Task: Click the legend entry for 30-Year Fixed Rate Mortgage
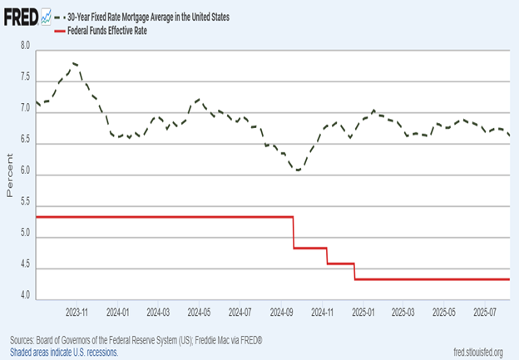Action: [x=154, y=17]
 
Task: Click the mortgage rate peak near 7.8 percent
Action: [x=75, y=62]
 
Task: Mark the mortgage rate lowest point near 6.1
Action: [x=296, y=170]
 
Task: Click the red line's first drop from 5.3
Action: [x=294, y=232]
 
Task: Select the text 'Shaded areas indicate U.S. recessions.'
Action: [x=64, y=353]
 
